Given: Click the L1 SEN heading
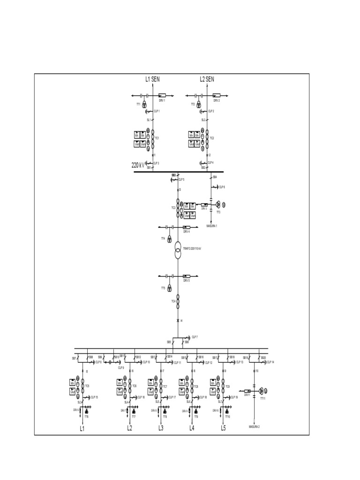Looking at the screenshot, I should [153, 80].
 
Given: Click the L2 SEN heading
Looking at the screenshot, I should [207, 80].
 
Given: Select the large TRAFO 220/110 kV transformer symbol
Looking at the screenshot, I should [179, 250].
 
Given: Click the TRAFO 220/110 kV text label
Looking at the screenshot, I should [192, 248].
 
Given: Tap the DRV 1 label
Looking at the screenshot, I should [162, 101].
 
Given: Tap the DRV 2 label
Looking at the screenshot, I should [216, 101].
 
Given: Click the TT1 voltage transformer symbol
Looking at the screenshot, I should [145, 105].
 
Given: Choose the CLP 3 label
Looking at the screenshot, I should [157, 163].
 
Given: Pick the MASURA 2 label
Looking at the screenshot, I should [254, 427].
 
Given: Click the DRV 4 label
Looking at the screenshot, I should [186, 232].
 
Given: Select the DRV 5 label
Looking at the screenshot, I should [186, 281].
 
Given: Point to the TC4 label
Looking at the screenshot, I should [173, 301].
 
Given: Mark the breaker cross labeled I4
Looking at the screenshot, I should [178, 321].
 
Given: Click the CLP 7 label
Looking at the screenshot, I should [195, 337].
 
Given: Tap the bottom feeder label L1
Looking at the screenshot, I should [82, 428].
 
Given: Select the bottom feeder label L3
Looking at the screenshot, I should [161, 428].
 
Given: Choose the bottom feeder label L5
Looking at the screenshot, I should [223, 428].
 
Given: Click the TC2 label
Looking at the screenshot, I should [212, 138].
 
